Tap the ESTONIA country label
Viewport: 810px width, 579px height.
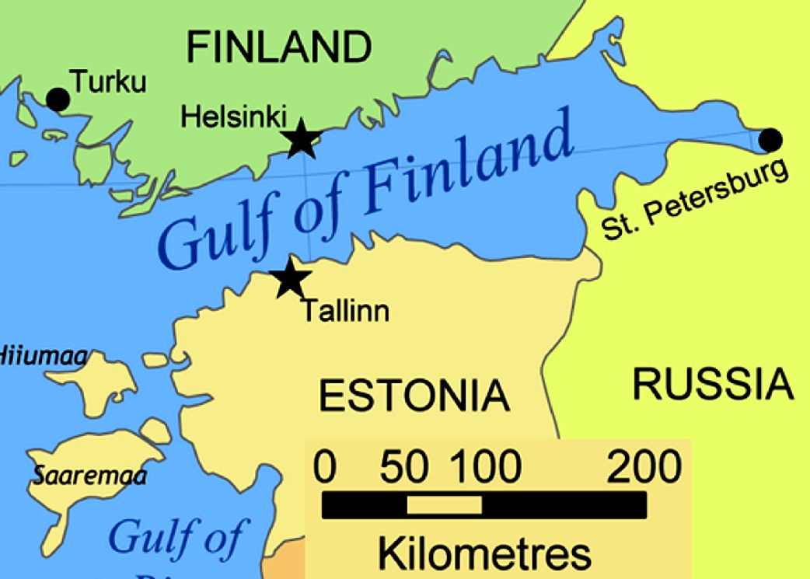tap(414, 396)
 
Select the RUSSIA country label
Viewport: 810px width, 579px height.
tap(713, 384)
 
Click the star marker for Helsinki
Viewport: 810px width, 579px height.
tap(302, 141)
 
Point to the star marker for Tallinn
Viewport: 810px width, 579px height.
tap(291, 278)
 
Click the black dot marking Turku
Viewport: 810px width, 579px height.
tap(58, 99)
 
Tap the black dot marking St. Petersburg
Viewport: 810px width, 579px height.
tap(770, 140)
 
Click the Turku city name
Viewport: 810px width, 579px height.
tap(108, 82)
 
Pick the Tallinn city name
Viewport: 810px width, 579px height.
tap(345, 312)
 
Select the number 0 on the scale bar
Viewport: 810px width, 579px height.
tap(326, 468)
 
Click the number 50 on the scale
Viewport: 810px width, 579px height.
tap(404, 468)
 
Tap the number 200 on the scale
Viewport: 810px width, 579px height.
tap(644, 468)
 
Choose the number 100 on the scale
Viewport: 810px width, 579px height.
tap(486, 468)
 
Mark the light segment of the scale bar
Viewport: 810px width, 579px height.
tap(444, 506)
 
